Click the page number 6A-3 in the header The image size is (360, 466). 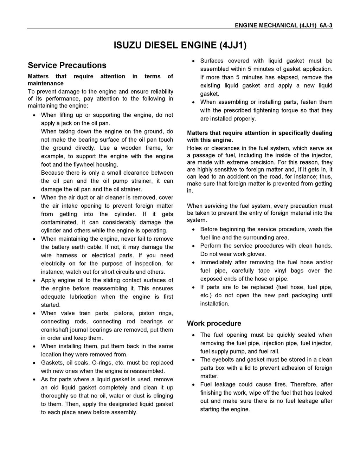pyautogui.click(x=326, y=25)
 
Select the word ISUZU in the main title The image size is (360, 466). pyautogui.click(x=129, y=45)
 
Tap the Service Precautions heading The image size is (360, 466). pyautogui.click(x=67, y=65)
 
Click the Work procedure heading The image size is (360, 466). pyautogui.click(x=214, y=323)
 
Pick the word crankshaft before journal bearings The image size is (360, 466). pyautogui.click(x=57, y=330)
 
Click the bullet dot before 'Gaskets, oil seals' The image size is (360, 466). pyautogui.click(x=34, y=363)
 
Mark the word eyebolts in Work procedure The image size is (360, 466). pyautogui.click(x=224, y=360)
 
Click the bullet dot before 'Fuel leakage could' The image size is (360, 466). pyautogui.click(x=193, y=385)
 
